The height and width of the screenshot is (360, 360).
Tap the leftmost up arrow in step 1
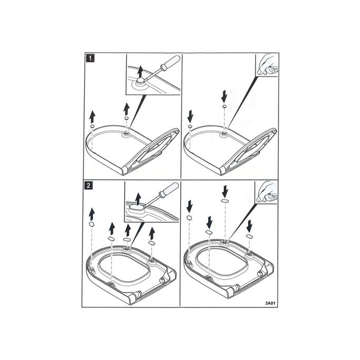[92, 116]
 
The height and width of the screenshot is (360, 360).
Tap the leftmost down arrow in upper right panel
[190, 116]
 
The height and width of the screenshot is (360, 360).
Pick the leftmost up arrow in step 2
[91, 213]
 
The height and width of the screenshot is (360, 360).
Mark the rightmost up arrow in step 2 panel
[152, 233]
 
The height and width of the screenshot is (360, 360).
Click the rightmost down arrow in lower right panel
[249, 226]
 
